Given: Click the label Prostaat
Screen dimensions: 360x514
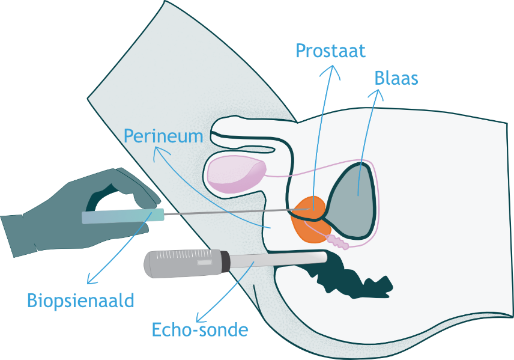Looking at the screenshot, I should (x=330, y=50).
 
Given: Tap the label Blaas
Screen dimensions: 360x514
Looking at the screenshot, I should (x=396, y=78).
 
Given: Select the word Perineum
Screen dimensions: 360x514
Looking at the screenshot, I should (x=163, y=136).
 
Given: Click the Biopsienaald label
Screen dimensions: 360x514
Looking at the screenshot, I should (x=80, y=299).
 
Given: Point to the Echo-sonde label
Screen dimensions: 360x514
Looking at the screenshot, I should (x=199, y=330).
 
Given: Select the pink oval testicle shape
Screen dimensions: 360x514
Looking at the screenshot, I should (x=235, y=173).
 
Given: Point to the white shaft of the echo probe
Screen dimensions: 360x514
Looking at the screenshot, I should (x=276, y=260).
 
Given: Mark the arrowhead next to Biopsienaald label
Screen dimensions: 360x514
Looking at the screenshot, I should (x=90, y=280).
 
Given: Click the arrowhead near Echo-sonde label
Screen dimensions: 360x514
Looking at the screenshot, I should (x=201, y=317).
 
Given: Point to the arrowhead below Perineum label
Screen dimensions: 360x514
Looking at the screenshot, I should (x=157, y=154).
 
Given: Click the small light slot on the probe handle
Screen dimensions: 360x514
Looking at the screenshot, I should (x=204, y=263).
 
